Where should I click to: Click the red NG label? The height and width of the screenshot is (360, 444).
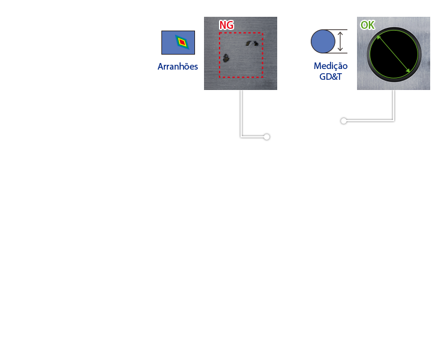click(226, 25)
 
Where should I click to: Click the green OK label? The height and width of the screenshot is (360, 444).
click(367, 25)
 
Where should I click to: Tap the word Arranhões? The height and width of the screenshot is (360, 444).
click(178, 67)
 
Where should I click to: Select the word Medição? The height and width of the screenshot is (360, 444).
click(331, 66)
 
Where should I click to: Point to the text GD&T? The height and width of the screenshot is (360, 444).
click(331, 77)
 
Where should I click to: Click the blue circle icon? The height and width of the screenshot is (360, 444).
click(323, 41)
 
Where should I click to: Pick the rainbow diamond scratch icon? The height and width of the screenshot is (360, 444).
click(181, 42)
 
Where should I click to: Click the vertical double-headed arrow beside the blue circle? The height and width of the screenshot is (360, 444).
click(340, 41)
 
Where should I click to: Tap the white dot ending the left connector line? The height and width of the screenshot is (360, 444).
click(266, 137)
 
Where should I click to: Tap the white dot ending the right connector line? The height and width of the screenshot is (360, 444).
click(344, 121)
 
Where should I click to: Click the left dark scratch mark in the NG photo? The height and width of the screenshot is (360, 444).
click(226, 58)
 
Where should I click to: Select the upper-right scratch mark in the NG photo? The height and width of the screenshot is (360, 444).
click(253, 43)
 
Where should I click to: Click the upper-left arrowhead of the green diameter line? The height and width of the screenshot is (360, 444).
click(378, 37)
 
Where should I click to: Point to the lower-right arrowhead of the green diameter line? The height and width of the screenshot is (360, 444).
click(409, 71)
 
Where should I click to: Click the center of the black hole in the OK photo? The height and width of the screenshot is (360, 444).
click(394, 54)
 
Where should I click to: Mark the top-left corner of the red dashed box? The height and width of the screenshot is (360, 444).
click(220, 33)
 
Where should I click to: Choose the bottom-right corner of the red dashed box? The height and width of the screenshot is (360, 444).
click(263, 77)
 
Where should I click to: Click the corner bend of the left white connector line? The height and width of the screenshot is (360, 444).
click(241, 137)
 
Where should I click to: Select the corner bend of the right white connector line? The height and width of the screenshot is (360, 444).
click(394, 121)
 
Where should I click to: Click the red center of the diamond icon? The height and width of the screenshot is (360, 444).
click(182, 42)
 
